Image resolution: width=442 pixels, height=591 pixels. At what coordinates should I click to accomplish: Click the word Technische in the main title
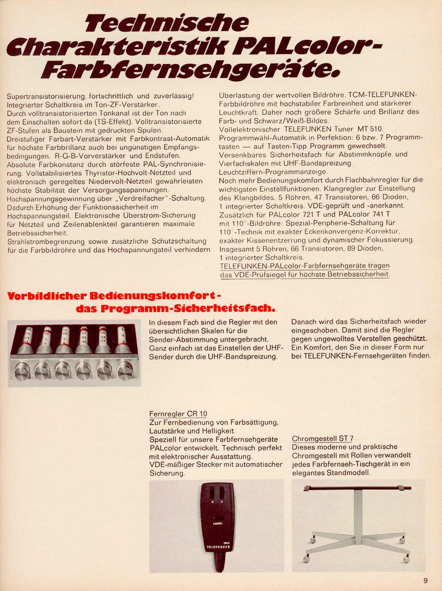tap(167, 24)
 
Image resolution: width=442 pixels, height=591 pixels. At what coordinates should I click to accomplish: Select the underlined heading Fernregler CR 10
tap(178, 414)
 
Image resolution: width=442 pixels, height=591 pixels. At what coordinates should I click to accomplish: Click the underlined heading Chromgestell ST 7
tap(322, 438)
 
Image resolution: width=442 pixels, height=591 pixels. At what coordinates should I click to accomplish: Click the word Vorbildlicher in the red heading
tap(46, 296)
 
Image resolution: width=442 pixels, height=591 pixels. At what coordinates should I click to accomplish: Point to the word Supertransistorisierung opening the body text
tap(46, 96)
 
